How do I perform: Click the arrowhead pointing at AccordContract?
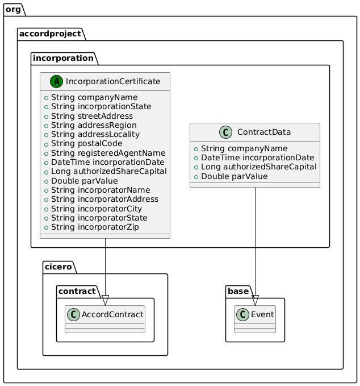[x=105, y=300]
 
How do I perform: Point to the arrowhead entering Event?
[x=256, y=300]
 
